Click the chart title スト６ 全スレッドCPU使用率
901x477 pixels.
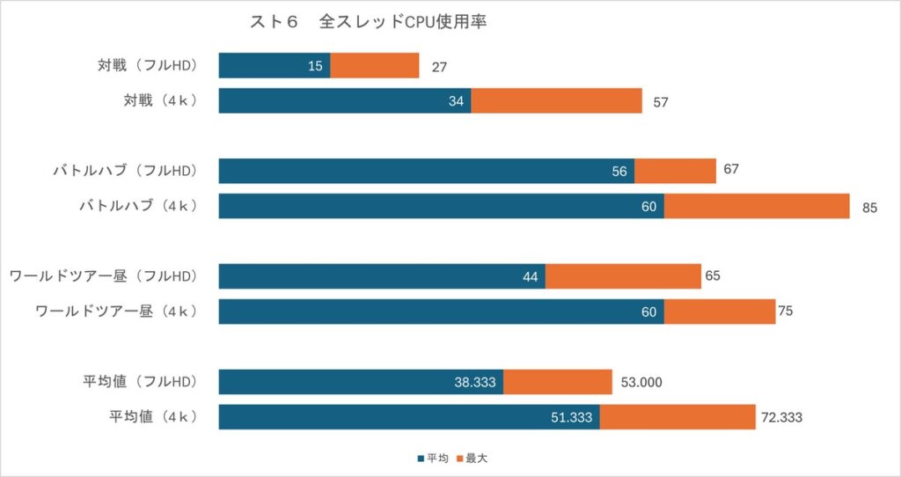tap(369, 22)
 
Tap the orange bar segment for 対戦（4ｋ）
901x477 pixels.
tap(556, 101)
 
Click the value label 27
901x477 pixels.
tap(440, 66)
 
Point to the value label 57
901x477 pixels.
tap(661, 101)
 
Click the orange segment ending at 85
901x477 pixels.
tap(757, 206)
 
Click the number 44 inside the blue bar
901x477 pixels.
tap(530, 276)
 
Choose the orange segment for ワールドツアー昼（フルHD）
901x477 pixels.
tap(623, 276)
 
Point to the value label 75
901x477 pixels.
tap(785, 312)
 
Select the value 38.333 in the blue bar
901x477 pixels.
tap(475, 382)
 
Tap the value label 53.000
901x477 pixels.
tap(641, 382)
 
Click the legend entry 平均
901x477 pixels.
tap(437, 459)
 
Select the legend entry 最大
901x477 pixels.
tap(476, 459)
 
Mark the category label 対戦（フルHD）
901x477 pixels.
tap(147, 66)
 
